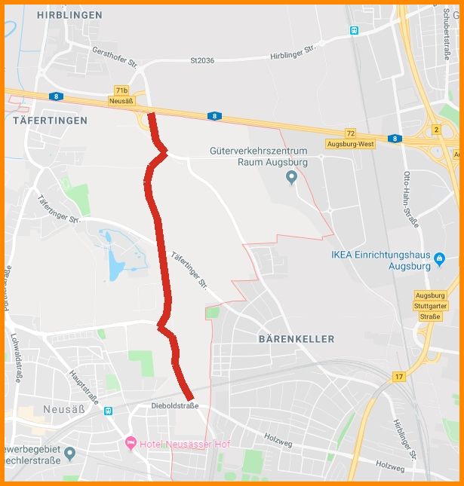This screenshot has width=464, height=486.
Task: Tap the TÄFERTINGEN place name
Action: [x=49, y=120]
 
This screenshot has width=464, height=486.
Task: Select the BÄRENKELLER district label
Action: [x=297, y=339]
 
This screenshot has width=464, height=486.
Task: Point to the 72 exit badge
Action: [x=350, y=132]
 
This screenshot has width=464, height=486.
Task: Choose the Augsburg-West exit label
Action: [x=350, y=143]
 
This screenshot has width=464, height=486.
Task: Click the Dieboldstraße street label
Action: [x=174, y=405]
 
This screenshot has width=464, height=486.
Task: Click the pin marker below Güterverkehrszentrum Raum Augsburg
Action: [x=293, y=178]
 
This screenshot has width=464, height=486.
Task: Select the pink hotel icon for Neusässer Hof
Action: [x=131, y=443]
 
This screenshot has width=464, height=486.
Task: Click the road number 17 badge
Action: [x=398, y=376]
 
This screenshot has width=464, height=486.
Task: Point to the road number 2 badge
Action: [x=436, y=130]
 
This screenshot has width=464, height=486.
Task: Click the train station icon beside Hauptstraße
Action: [x=109, y=411]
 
